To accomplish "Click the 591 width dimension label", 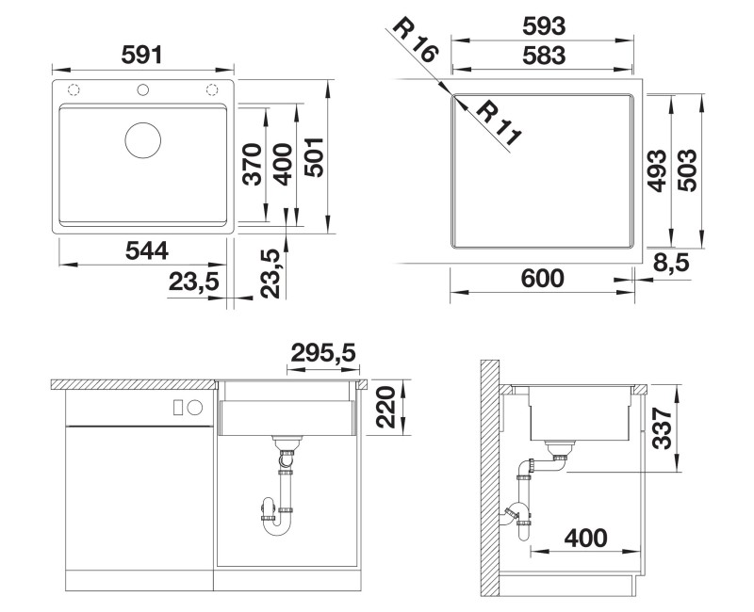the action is click(x=142, y=55).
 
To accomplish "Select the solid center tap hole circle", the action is click(x=143, y=89).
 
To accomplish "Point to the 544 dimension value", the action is click(x=147, y=250).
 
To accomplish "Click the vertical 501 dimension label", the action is click(x=315, y=157).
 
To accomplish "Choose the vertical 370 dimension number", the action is click(x=252, y=164).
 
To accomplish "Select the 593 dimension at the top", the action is click(x=544, y=26).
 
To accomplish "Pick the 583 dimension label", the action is click(x=544, y=56).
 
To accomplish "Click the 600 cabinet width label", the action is click(x=542, y=278).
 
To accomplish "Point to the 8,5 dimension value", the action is click(x=671, y=264).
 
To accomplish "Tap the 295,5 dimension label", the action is click(x=323, y=354).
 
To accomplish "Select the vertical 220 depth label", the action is click(x=385, y=407).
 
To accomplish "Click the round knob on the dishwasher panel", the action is click(x=195, y=408).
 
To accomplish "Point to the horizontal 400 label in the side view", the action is click(x=585, y=538).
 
